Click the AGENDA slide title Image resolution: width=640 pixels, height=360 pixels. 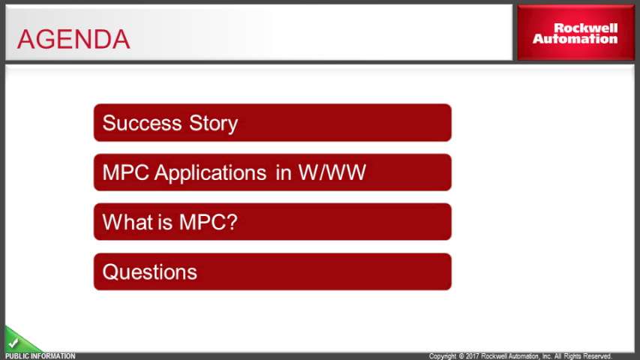click(74, 39)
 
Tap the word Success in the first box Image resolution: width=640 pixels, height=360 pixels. click(142, 123)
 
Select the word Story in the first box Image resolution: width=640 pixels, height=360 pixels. click(214, 124)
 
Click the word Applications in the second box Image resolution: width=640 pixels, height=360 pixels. click(210, 173)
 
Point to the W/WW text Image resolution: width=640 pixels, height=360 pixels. click(332, 172)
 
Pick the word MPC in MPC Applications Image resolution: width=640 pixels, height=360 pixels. click(126, 172)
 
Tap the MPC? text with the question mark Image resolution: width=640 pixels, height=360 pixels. click(208, 222)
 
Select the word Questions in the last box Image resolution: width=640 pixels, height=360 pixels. click(150, 271)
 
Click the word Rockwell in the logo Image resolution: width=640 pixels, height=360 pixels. click(585, 28)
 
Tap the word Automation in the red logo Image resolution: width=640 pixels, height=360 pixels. click(575, 39)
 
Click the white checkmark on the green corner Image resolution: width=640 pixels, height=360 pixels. click(14, 343)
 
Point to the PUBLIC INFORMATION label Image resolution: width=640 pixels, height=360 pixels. click(41, 356)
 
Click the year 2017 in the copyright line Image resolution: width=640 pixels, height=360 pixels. click(473, 356)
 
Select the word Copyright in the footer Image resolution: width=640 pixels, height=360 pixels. click(443, 356)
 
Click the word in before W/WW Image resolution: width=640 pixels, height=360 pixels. click(284, 172)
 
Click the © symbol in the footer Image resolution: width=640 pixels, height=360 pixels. click(461, 356)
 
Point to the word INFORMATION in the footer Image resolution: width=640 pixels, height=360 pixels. click(52, 356)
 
